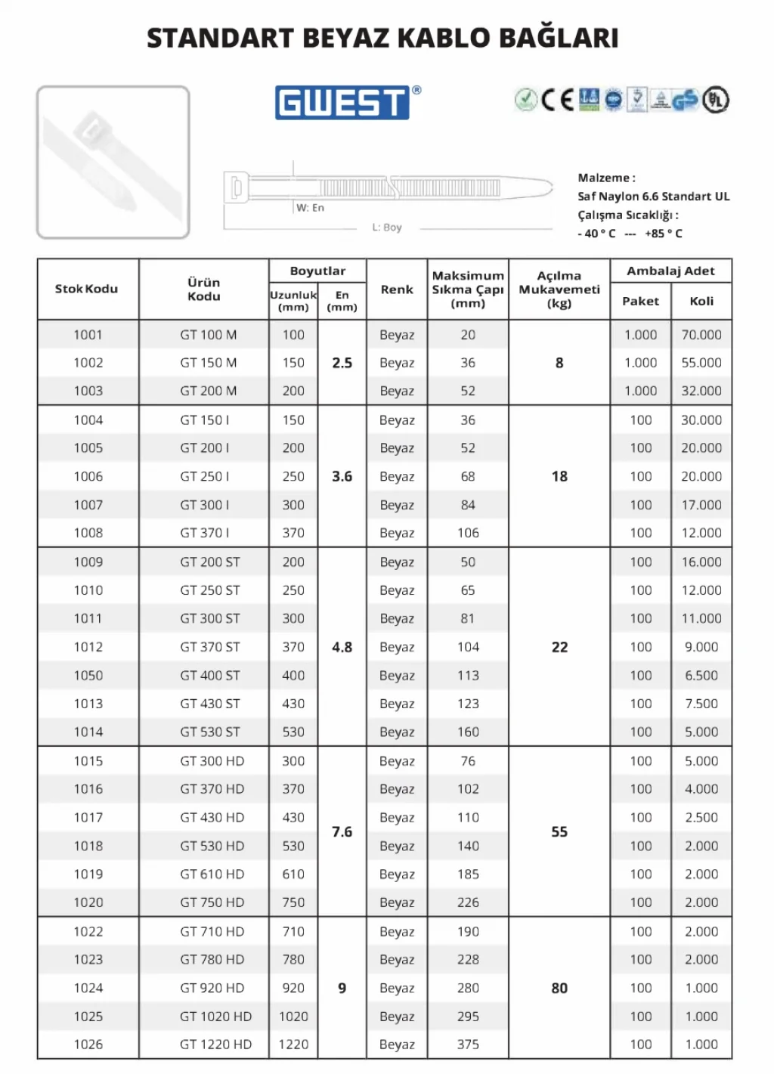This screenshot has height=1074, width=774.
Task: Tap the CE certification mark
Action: (x=557, y=100)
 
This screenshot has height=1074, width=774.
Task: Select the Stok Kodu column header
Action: (x=87, y=289)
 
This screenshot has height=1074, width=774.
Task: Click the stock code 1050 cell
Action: (x=88, y=676)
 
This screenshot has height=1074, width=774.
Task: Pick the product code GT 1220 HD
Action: (x=215, y=1045)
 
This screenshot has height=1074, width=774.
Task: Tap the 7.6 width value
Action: (x=342, y=831)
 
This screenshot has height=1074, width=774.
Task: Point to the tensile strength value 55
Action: (x=559, y=831)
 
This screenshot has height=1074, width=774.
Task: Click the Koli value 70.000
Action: (x=701, y=335)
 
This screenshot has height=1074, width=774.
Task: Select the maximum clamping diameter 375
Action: (x=468, y=1045)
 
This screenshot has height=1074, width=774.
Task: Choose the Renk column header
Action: (x=397, y=289)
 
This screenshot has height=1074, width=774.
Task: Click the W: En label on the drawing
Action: (x=310, y=208)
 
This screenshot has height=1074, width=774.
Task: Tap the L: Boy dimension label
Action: (x=387, y=227)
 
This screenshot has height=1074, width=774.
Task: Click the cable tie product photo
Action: (x=113, y=162)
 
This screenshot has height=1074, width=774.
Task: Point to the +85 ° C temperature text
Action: (x=664, y=234)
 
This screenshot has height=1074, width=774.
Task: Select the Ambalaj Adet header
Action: (x=670, y=271)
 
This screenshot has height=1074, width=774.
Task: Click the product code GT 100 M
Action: (x=208, y=335)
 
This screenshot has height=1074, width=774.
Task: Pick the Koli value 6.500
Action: (x=701, y=676)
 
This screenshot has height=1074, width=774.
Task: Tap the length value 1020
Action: (x=293, y=1017)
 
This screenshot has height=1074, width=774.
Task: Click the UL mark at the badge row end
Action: (x=716, y=100)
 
